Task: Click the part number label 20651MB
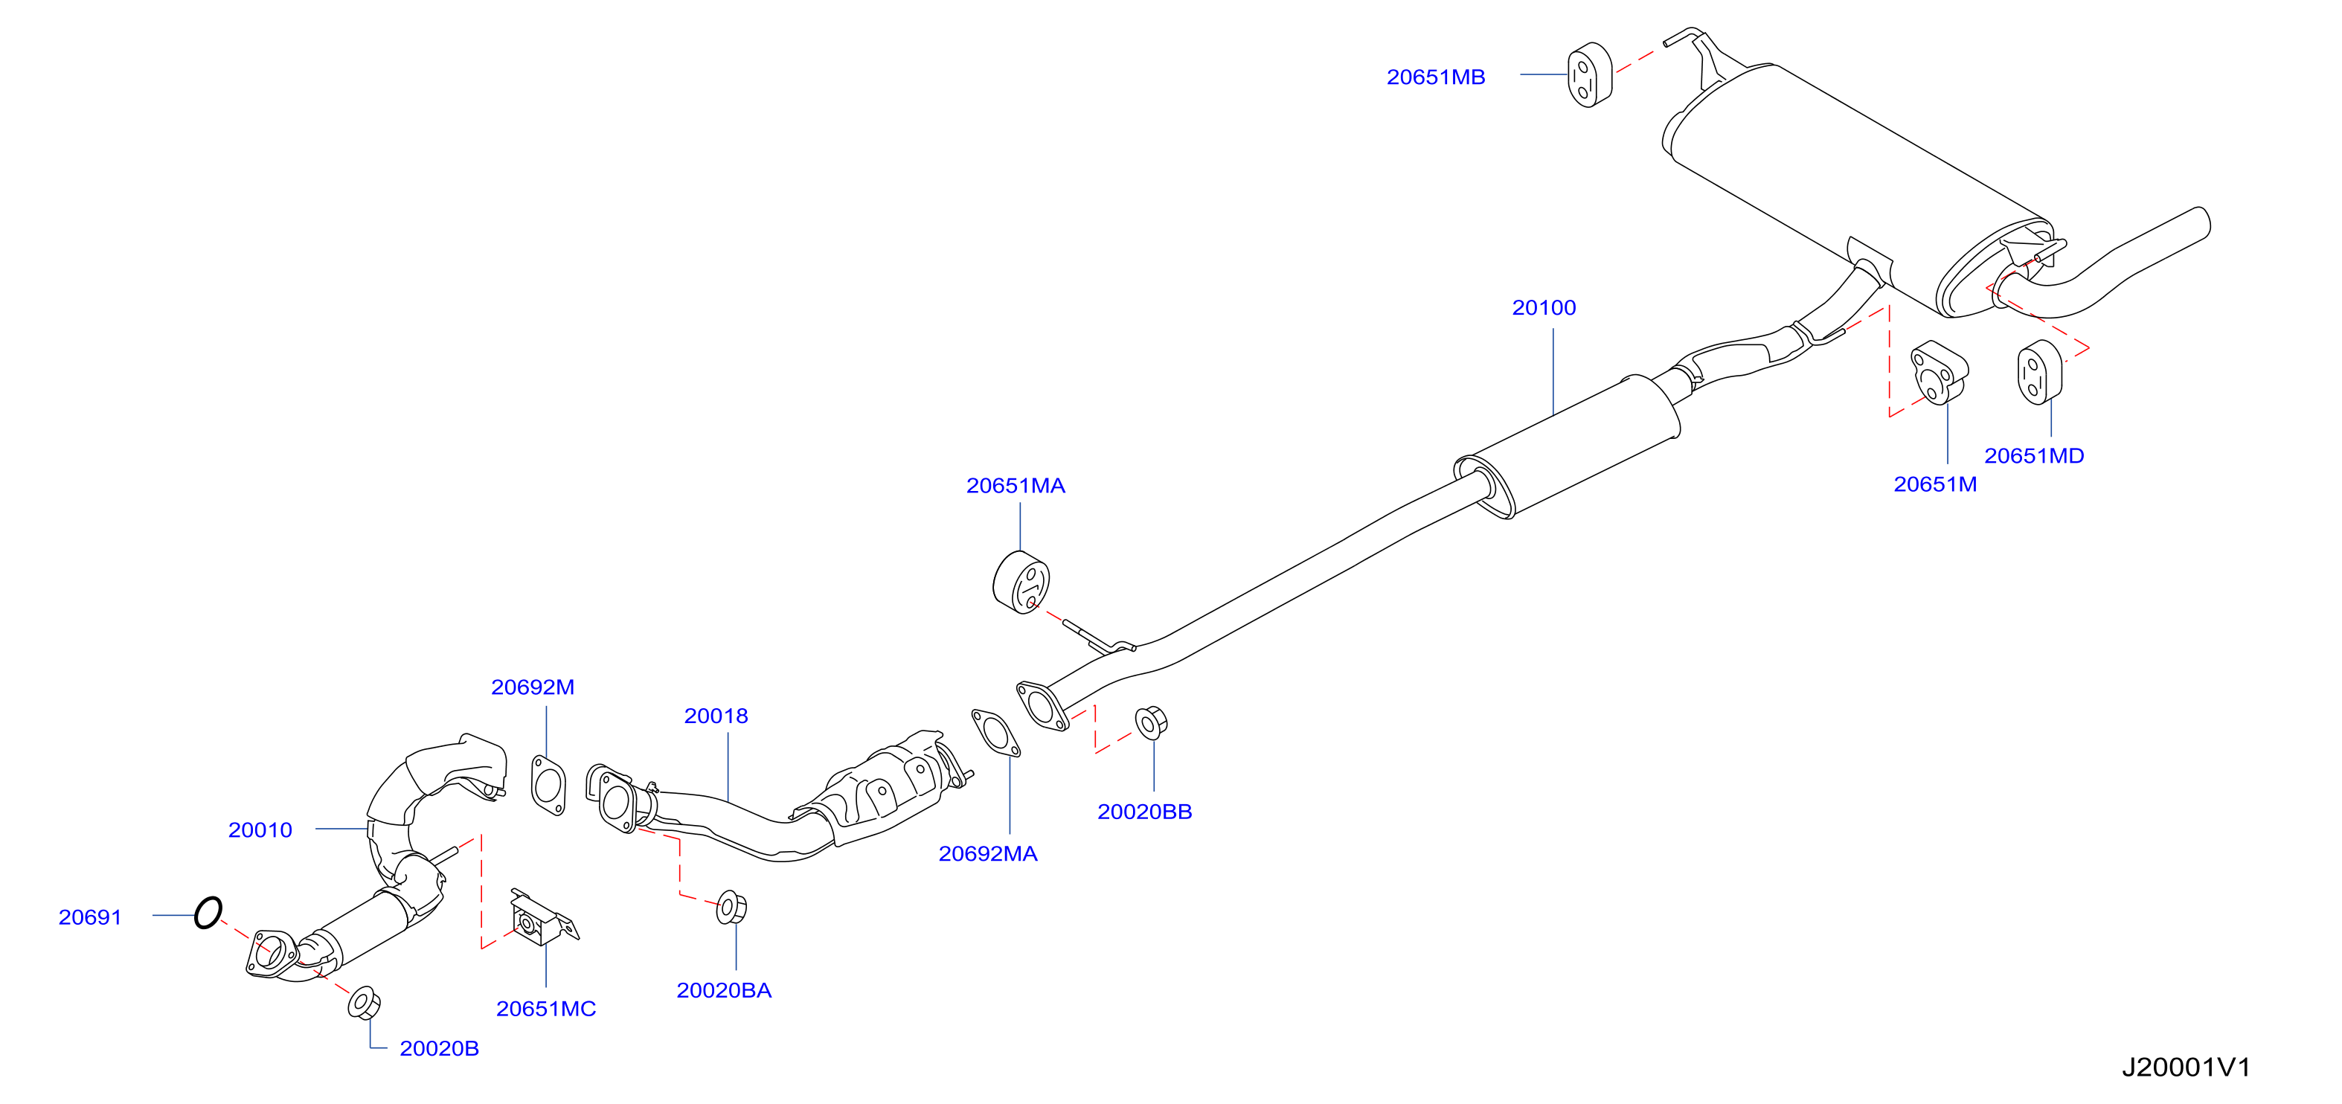click(1436, 77)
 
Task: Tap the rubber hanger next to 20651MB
click(1590, 74)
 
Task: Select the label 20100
click(1544, 308)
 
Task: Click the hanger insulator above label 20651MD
click(2040, 372)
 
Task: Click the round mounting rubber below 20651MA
click(1021, 582)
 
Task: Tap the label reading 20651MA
click(1016, 487)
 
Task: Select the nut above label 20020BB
click(1151, 722)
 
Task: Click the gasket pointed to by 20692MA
click(995, 733)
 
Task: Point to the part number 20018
click(716, 716)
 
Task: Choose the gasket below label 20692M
click(548, 785)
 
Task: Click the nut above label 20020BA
click(731, 908)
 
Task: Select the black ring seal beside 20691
click(208, 912)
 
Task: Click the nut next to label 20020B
click(364, 1002)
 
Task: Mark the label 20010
click(260, 830)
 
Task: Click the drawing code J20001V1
click(2187, 1068)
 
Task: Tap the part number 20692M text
click(533, 687)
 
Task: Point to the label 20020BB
click(1145, 812)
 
